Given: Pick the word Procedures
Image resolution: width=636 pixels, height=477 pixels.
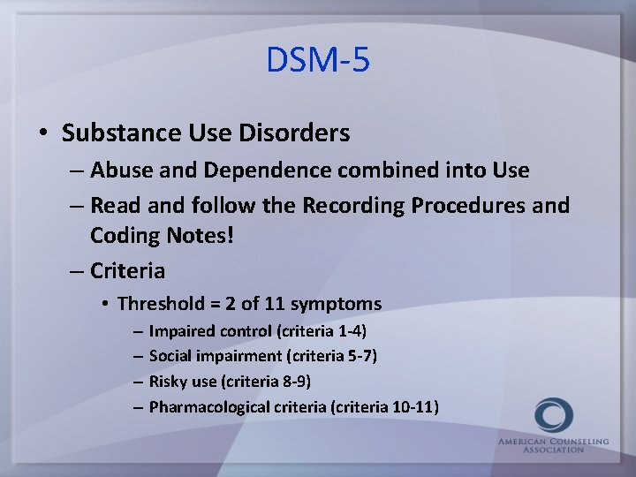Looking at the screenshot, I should [x=476, y=206].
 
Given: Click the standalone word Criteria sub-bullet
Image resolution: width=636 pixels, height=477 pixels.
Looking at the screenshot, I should [x=127, y=270].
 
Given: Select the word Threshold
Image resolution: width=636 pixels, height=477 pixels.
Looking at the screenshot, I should [x=161, y=305].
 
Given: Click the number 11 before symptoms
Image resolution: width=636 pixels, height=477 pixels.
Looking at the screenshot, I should [x=275, y=305].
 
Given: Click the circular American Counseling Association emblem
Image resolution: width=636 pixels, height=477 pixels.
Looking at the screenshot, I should [x=554, y=416].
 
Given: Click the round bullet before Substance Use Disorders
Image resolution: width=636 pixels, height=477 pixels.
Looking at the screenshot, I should [x=43, y=134].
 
